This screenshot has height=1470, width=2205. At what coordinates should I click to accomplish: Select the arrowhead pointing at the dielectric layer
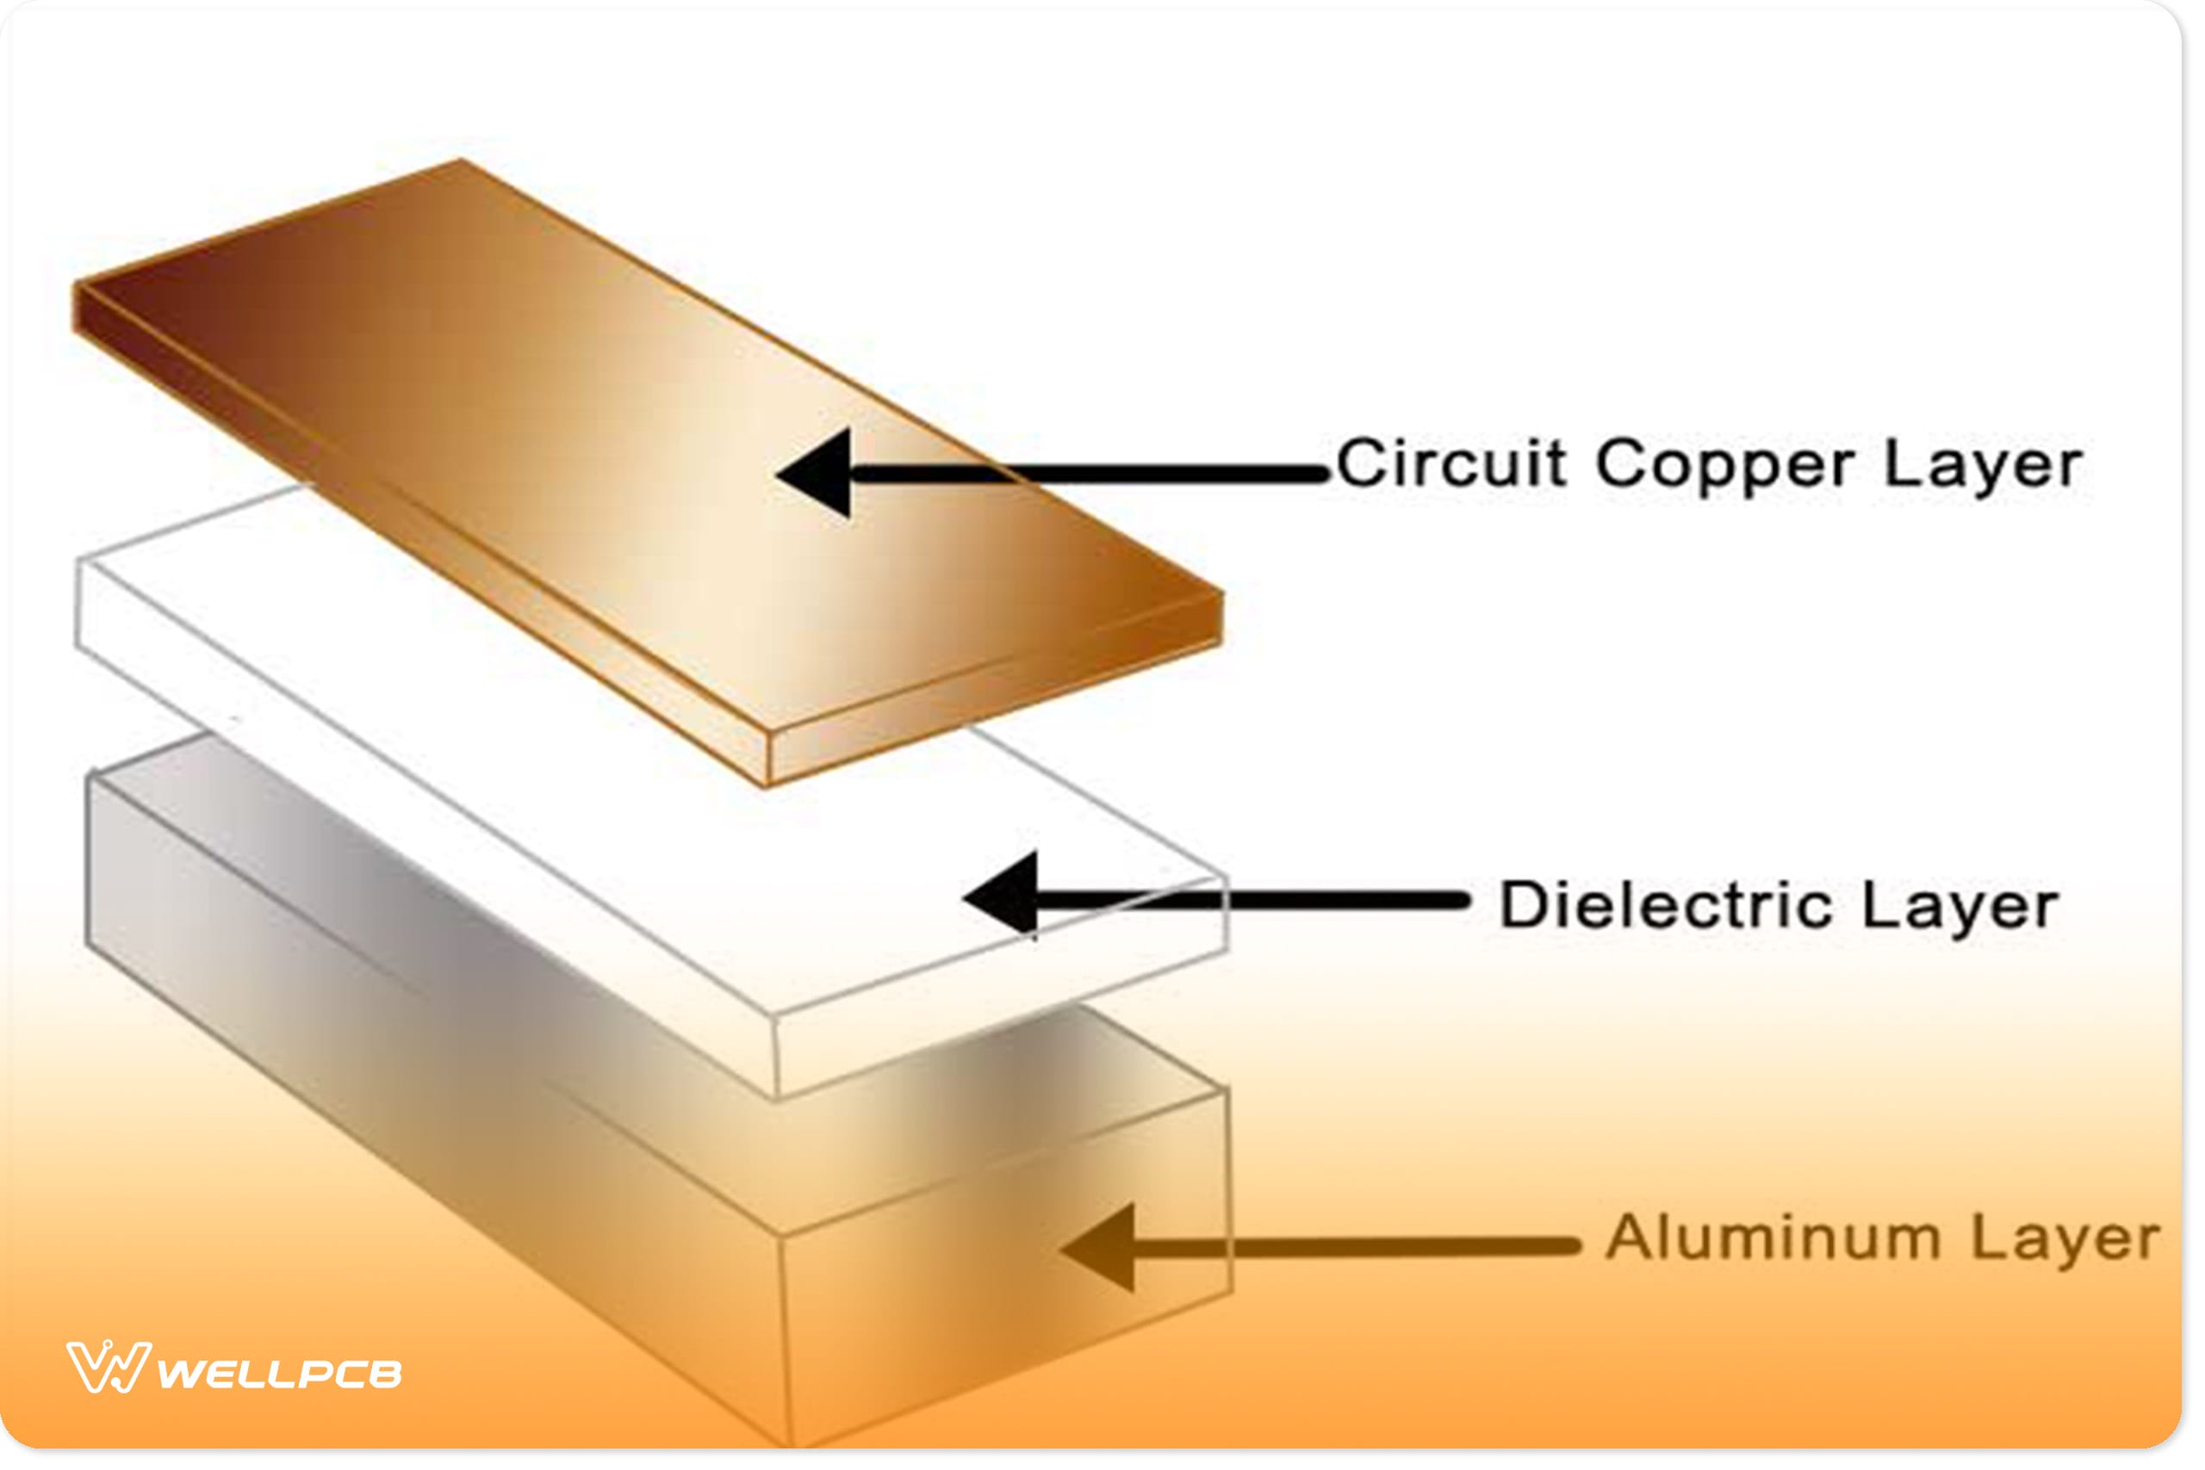click(1003, 898)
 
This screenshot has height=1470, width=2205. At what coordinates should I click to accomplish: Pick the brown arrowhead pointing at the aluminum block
click(1100, 1248)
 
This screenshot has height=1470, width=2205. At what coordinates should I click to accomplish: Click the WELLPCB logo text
click(279, 1374)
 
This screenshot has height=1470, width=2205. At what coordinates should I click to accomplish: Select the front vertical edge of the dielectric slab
click(776, 1055)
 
